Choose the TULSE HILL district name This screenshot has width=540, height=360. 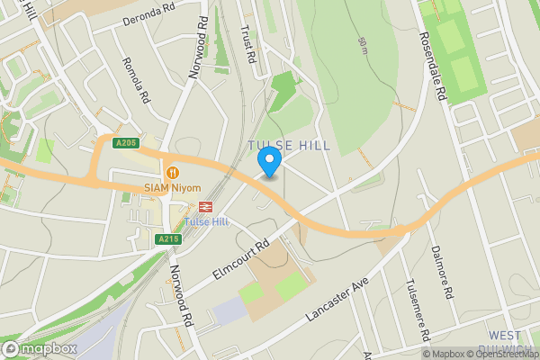pyautogui.click(x=289, y=145)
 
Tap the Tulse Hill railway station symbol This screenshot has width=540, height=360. pyautogui.click(x=206, y=206)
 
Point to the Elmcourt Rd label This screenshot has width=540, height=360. pyautogui.click(x=240, y=259)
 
